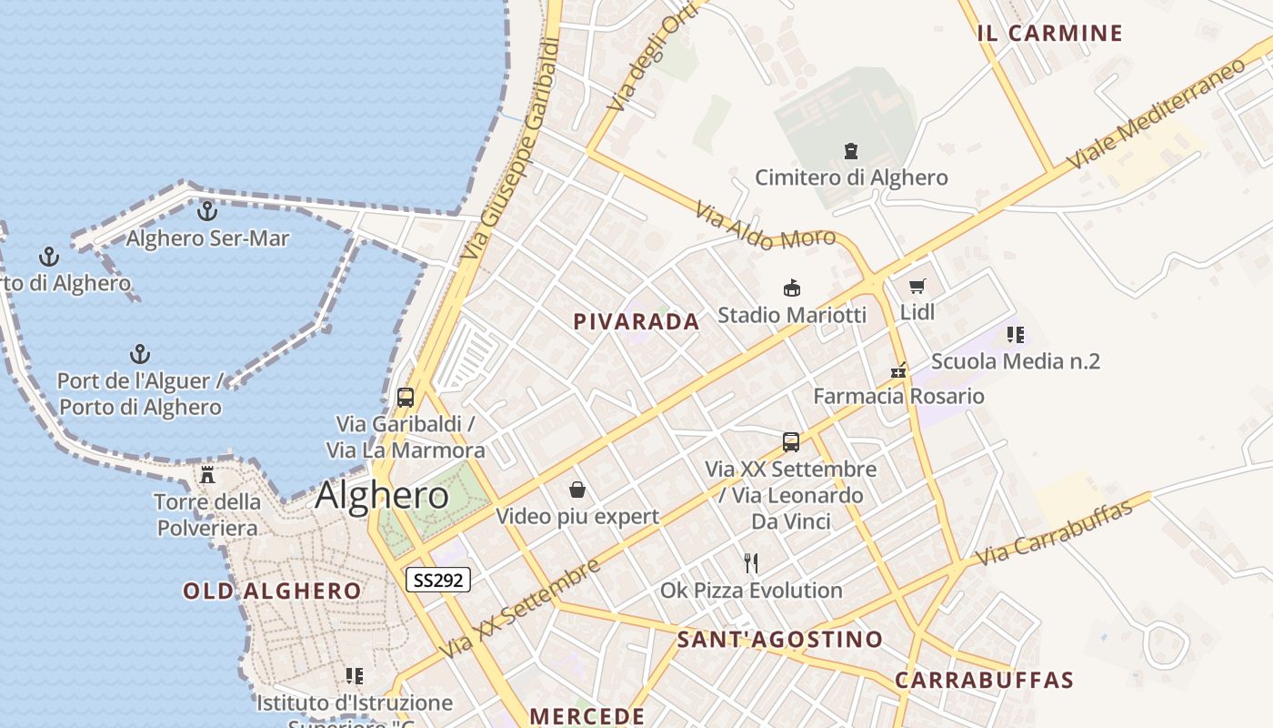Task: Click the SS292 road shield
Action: coord(437,580)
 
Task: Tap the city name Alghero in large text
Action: coord(382,495)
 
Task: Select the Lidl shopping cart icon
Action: coord(917,287)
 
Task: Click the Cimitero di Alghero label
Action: coord(851,177)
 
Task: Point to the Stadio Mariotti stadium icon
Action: coord(791,288)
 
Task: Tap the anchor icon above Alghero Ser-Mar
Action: coord(207,211)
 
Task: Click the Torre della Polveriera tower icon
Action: coord(207,474)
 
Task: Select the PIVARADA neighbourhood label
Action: coord(636,321)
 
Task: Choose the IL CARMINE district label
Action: coord(1049,34)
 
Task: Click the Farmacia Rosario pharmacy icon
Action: coord(898,370)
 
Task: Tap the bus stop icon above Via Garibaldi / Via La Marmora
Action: coord(406,398)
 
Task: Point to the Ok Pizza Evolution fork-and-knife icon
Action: coord(751,563)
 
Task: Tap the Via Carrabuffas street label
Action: coord(1054,532)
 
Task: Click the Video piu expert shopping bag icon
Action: coord(576,490)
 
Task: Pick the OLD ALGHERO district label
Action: coord(272,591)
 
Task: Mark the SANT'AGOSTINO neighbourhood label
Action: coord(779,640)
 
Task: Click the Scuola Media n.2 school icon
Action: coord(1016,335)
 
